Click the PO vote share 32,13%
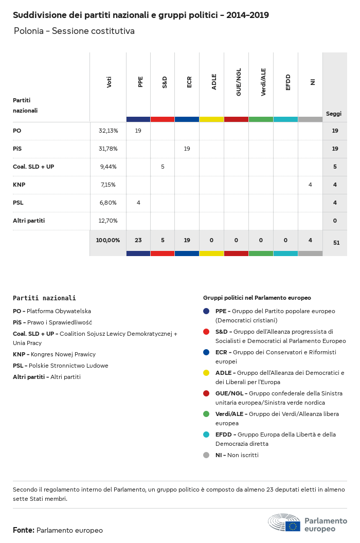pos(108,131)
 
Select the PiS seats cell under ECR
pos(187,149)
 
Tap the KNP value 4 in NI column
pos(310,185)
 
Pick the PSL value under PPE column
pos(138,203)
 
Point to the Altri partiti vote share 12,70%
pos(108,221)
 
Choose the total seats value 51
pos(336,242)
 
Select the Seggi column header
pos(334,114)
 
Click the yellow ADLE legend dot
pos(206,373)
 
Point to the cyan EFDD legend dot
pos(206,435)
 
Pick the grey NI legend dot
pos(206,455)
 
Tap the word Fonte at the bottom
pos(24,530)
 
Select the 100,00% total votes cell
pos(108,240)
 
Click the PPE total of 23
pos(138,240)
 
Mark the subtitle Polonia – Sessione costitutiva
pos(74,31)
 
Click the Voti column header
pos(109,82)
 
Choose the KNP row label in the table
pos(19,185)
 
